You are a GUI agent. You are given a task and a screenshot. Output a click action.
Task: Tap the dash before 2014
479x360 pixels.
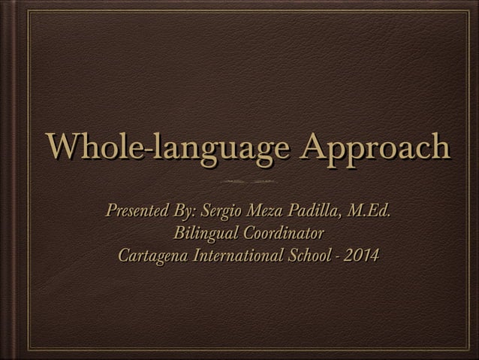339,256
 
